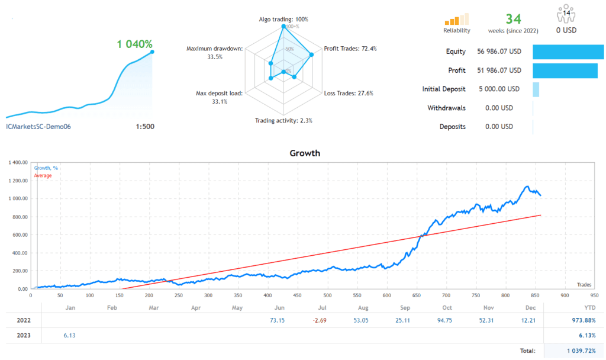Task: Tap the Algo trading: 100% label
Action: click(x=283, y=19)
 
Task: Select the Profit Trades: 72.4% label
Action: click(x=350, y=49)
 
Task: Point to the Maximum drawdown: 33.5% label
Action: click(x=214, y=53)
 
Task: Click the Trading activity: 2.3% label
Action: click(x=283, y=120)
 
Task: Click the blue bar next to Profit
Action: click(x=568, y=70)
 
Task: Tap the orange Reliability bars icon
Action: click(x=456, y=19)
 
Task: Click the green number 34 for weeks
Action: click(x=513, y=19)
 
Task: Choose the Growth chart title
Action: click(x=305, y=153)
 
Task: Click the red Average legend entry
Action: click(x=43, y=175)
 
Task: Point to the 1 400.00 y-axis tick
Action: click(x=16, y=162)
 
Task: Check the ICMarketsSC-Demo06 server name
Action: click(x=38, y=126)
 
